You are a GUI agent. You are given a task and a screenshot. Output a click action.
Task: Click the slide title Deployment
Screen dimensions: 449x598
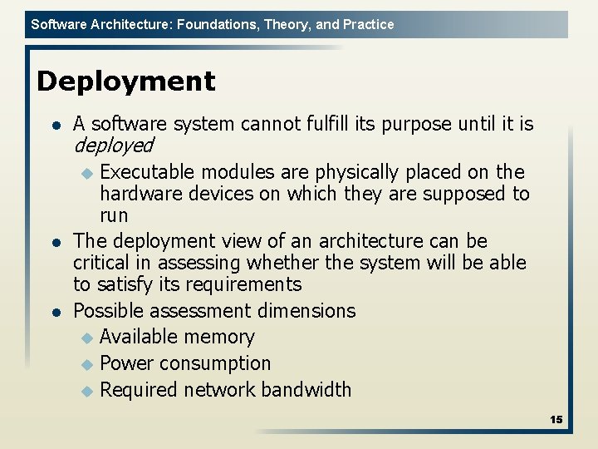(x=125, y=81)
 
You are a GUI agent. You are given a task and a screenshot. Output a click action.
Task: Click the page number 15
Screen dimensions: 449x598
(x=556, y=420)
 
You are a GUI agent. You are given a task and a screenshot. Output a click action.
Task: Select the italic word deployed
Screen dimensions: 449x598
(x=114, y=146)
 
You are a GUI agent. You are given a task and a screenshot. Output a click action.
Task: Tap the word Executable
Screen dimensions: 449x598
(x=147, y=172)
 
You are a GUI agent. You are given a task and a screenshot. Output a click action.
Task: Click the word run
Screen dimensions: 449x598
(x=114, y=215)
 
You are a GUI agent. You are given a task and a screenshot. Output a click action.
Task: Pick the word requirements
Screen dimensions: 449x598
(x=246, y=284)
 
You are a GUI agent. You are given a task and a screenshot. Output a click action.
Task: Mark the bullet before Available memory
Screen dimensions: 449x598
(x=88, y=338)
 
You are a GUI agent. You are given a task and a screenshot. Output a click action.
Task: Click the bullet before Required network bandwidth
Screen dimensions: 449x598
(x=88, y=390)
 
